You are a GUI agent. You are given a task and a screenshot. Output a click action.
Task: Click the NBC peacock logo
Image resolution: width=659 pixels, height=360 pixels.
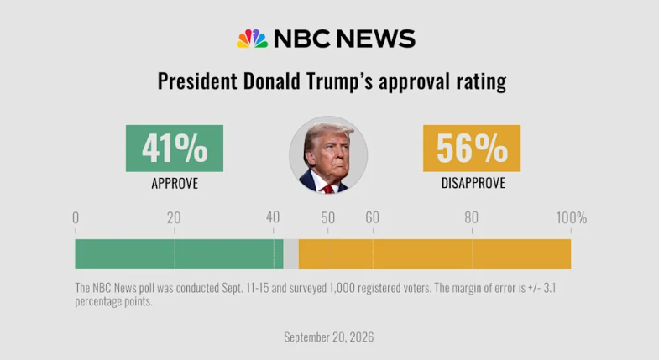coord(252,39)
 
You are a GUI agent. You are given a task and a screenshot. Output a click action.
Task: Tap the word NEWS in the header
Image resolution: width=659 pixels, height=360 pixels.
coord(376,39)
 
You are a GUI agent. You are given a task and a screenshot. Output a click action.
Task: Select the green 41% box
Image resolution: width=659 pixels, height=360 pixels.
coord(175,149)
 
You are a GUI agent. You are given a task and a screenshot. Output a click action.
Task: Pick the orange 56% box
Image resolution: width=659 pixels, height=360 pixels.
coord(472,149)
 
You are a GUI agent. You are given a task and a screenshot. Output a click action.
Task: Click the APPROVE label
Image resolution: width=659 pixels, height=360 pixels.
coord(175,184)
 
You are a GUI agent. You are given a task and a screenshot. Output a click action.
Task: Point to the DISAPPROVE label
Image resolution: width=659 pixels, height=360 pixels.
coord(473,183)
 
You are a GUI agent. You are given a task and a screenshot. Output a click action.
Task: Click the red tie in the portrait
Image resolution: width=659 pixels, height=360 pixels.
coord(327,189)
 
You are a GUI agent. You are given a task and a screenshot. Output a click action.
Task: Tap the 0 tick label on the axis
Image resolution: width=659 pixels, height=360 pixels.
coord(76,217)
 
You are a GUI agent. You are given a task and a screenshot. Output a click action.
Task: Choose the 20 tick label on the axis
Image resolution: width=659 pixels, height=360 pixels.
coord(174,217)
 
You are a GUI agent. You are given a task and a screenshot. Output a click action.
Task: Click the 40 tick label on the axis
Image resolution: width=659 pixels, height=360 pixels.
coord(273,217)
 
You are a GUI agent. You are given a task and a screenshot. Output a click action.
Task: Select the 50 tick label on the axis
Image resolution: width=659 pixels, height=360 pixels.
coord(327,217)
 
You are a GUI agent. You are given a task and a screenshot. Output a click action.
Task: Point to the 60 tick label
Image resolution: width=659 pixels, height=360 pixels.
coord(373,217)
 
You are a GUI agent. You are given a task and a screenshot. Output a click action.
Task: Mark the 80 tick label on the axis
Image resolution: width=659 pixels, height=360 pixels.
coord(472,217)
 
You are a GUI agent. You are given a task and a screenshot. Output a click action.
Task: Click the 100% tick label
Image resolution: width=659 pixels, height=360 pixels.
coord(572,217)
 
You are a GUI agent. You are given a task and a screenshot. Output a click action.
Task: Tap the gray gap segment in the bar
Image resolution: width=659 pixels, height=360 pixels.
coord(290,254)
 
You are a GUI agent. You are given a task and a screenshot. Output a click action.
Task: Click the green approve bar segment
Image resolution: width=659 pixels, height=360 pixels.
coord(179,254)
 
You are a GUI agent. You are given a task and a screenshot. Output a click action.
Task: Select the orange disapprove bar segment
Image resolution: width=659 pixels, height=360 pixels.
coord(435,254)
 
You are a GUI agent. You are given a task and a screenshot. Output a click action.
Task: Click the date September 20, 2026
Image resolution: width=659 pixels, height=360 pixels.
coord(328,337)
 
